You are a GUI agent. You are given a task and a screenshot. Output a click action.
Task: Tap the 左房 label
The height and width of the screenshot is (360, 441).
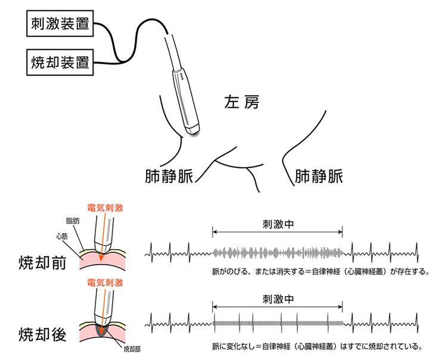(242, 103)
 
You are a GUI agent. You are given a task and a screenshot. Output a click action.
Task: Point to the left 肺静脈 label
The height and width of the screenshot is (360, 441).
(169, 176)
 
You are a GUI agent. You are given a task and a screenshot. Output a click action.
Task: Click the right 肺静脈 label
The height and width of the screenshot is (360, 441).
(319, 176)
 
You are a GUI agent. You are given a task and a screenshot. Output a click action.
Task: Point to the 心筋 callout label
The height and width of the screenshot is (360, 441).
(62, 235)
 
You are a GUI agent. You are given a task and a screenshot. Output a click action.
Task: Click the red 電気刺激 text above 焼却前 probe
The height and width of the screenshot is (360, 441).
(105, 207)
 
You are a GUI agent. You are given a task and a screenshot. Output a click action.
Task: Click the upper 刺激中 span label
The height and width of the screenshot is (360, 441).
(278, 225)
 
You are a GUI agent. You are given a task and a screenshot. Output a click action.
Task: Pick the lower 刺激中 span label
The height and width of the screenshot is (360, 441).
(278, 298)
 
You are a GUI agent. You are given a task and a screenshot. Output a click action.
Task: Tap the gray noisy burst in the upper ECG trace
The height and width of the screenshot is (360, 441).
(278, 253)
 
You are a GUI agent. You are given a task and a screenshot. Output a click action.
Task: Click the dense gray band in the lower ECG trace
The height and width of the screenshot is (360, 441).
(278, 324)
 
